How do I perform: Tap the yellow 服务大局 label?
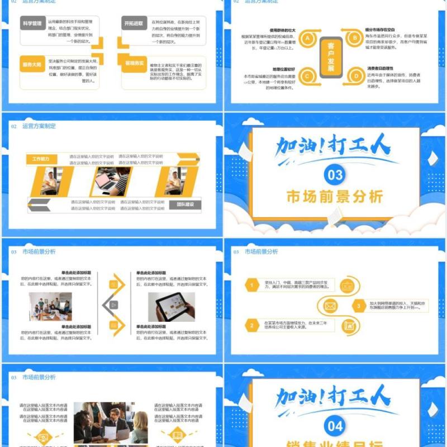pyautogui.click(x=32, y=64)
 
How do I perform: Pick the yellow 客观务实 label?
pyautogui.click(x=134, y=64)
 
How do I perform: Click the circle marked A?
pyautogui.click(x=307, y=38)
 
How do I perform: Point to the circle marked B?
pyautogui.click(x=354, y=38)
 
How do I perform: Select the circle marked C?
pyautogui.click(x=307, y=76)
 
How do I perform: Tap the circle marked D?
pyautogui.click(x=354, y=76)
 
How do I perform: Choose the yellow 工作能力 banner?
pyautogui.click(x=41, y=159)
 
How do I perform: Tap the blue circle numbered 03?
pyautogui.click(x=335, y=175)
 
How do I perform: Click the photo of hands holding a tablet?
pyautogui.click(x=171, y=307)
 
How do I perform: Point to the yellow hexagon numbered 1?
pyautogui.click(x=253, y=286)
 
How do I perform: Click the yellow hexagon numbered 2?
pyautogui.click(x=253, y=325)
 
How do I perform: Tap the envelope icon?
pyautogui.click(x=330, y=306)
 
